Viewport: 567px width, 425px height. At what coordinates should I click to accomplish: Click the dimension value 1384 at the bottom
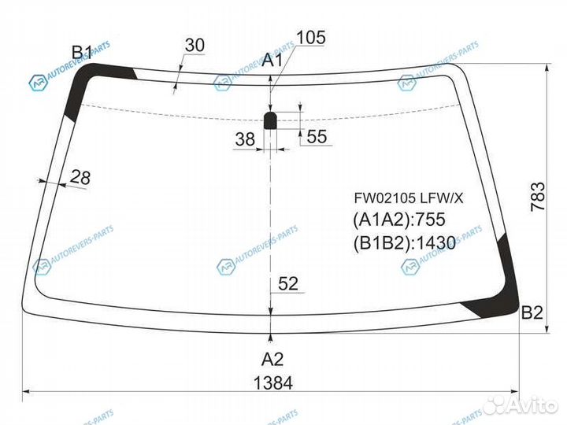click(x=273, y=383)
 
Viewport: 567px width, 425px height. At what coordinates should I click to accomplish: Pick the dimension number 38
click(x=245, y=139)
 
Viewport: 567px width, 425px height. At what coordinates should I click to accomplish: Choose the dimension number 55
click(x=317, y=137)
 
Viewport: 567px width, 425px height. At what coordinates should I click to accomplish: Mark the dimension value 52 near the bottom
click(x=289, y=284)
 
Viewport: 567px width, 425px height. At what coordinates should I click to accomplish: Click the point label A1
click(x=272, y=60)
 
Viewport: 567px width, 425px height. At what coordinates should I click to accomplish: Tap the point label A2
click(x=272, y=359)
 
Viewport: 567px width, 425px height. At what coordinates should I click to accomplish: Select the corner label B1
click(x=82, y=53)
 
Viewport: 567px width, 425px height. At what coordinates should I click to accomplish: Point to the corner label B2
click(x=532, y=312)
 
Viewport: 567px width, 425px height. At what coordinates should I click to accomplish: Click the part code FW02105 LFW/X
click(x=408, y=198)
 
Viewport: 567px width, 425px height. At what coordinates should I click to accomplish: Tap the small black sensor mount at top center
click(x=270, y=120)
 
